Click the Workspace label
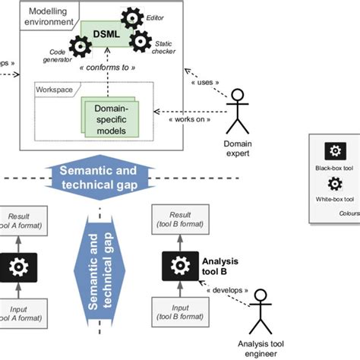(54, 90)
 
